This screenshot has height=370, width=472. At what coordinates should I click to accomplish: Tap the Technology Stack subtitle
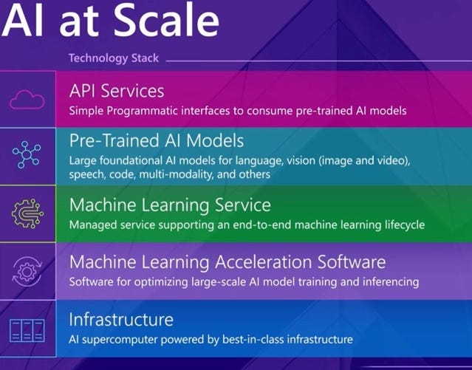point(113,58)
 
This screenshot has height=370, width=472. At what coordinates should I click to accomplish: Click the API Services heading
point(116,91)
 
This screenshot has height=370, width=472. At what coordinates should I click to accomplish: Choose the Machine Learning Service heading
point(169,204)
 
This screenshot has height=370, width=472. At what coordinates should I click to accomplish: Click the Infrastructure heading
point(121,320)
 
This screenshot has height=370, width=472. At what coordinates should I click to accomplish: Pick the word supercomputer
point(115,339)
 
